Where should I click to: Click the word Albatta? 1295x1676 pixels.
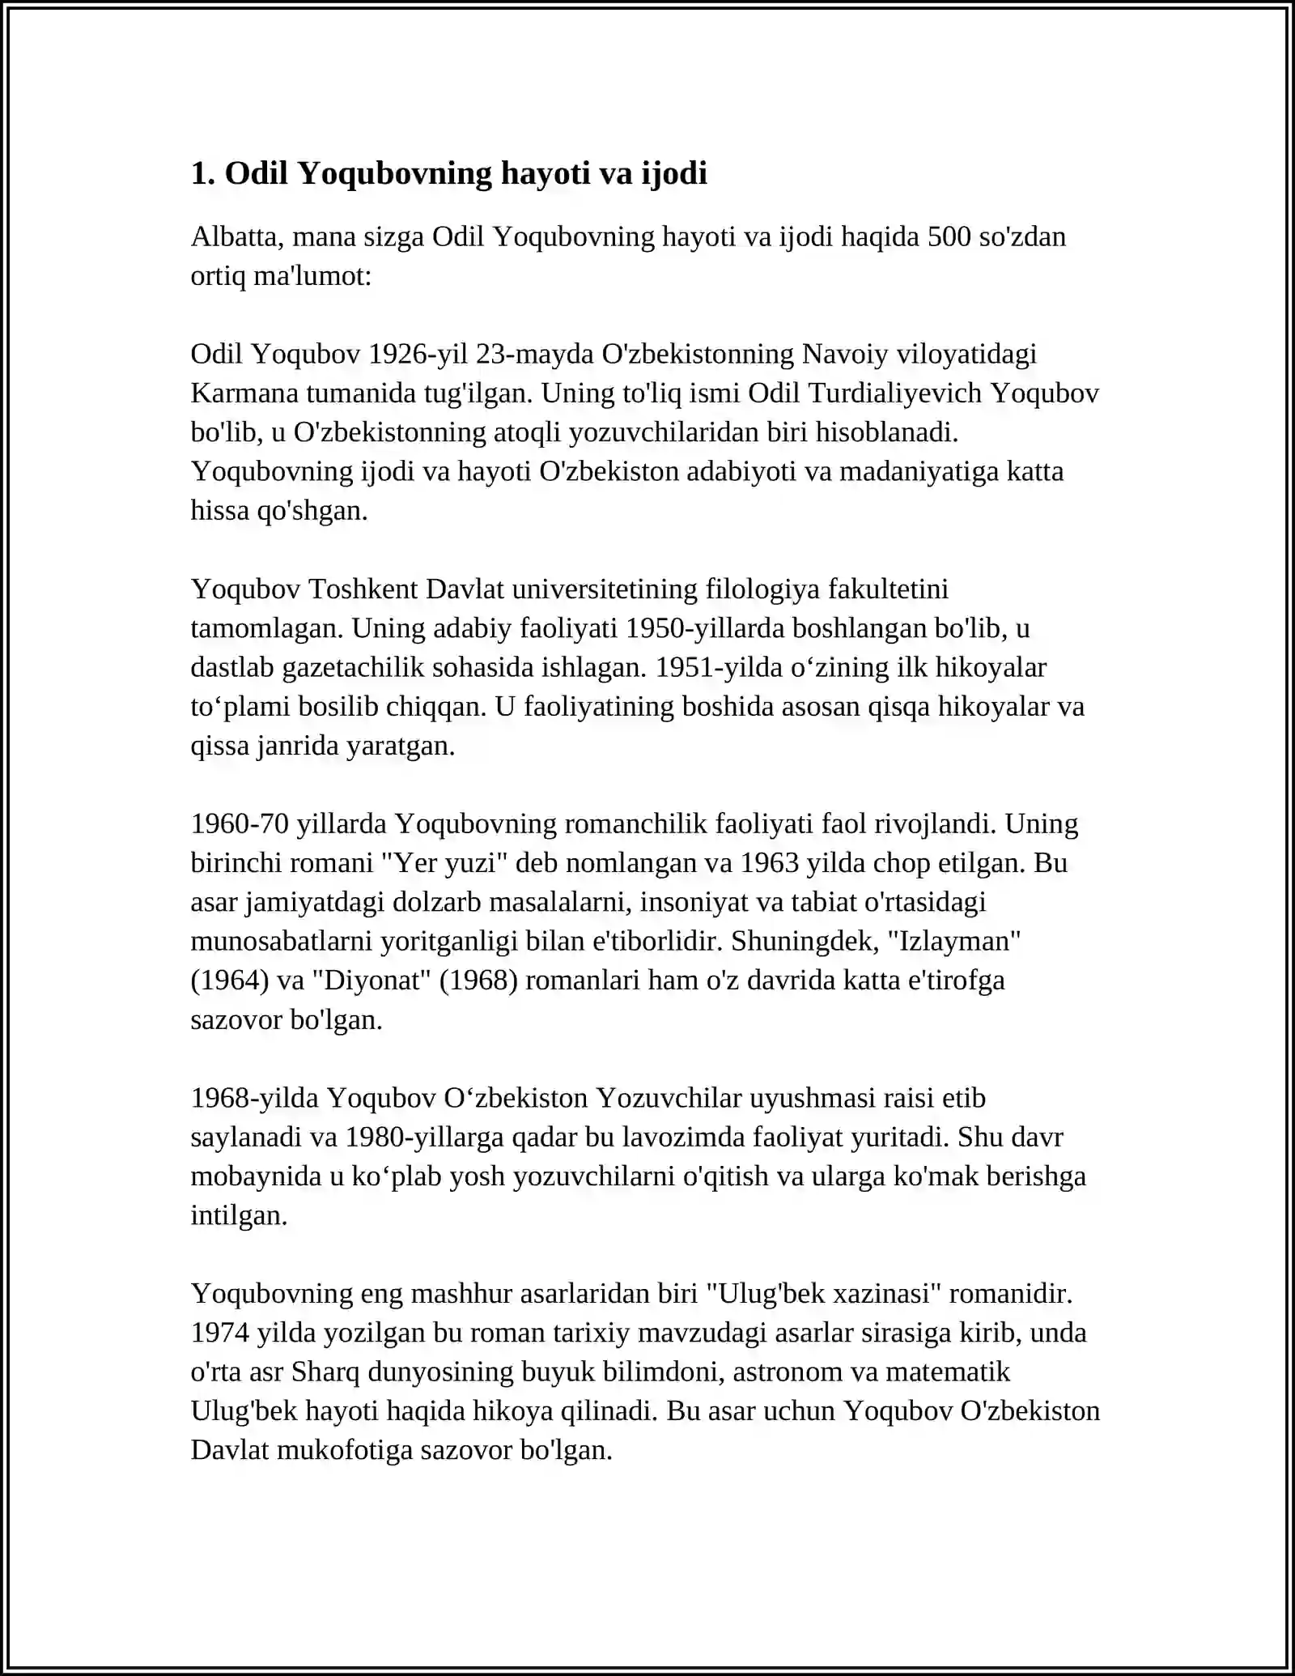pyautogui.click(x=237, y=237)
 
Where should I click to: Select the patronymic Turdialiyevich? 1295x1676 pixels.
pyautogui.click(x=885, y=393)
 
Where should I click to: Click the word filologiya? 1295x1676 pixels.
pyautogui.click(x=763, y=589)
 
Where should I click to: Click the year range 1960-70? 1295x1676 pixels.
pyautogui.click(x=240, y=824)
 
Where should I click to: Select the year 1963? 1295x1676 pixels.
pyautogui.click(x=771, y=863)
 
